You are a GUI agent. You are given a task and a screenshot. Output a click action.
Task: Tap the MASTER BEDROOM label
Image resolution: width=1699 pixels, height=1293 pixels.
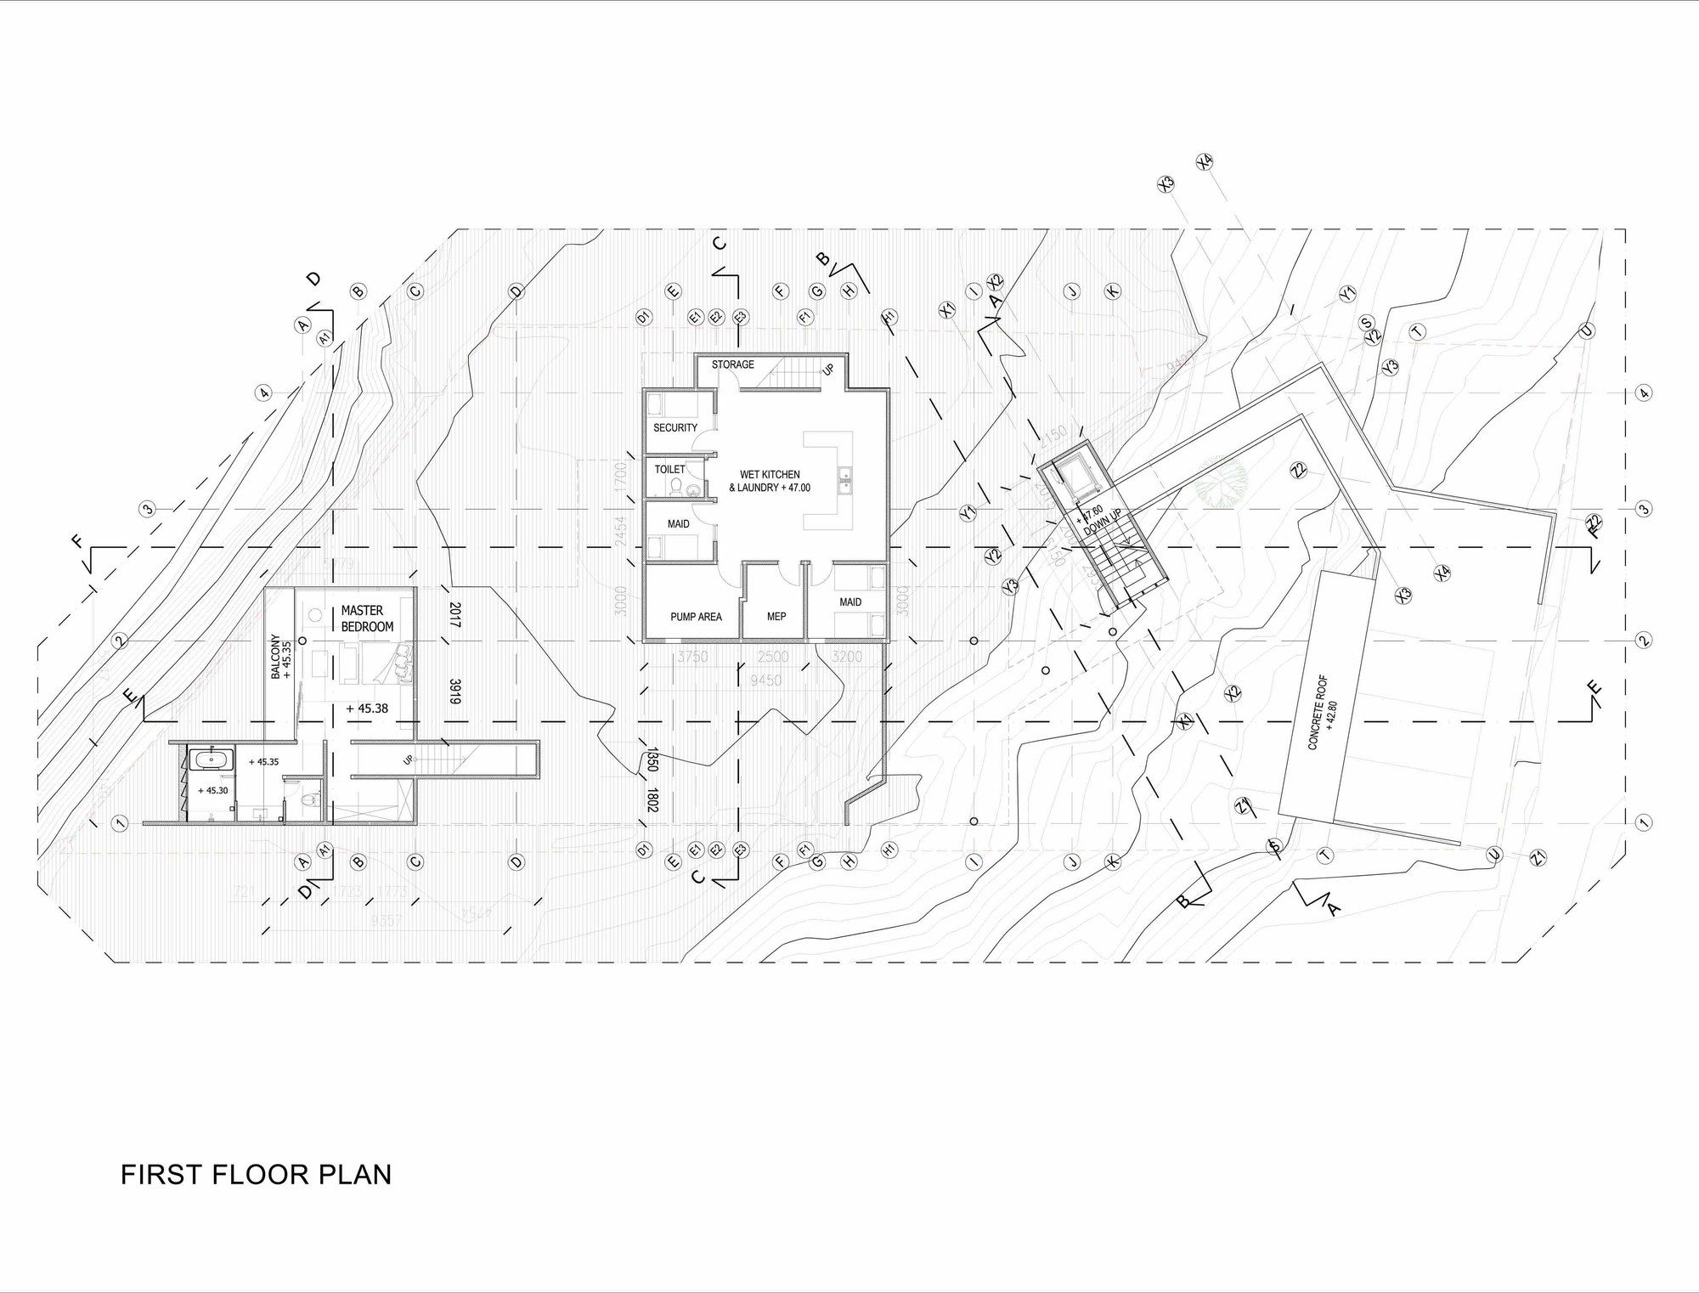point(367,618)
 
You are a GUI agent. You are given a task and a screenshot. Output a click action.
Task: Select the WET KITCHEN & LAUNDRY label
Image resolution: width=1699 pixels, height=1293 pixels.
point(770,482)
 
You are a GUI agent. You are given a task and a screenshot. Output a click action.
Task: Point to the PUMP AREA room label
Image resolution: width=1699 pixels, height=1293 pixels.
point(696,617)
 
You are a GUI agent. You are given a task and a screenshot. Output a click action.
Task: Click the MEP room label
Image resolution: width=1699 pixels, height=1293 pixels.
point(776,617)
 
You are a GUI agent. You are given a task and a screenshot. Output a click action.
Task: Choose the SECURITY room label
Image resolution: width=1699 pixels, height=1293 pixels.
point(675,427)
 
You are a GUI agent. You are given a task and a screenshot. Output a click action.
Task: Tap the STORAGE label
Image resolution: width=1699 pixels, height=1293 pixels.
point(732,364)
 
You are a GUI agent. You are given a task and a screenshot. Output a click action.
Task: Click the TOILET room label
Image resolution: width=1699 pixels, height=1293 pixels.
point(669,469)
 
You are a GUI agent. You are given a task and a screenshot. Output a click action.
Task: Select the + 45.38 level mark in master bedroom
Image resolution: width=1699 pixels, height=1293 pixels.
point(367,708)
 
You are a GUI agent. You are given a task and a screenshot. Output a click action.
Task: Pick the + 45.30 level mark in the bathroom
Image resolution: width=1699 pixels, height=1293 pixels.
point(212,790)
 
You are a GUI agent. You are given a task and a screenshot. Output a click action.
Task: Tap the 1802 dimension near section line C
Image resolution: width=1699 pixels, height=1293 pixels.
point(652,801)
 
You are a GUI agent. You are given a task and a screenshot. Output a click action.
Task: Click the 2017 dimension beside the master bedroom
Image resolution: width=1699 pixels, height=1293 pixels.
point(454,615)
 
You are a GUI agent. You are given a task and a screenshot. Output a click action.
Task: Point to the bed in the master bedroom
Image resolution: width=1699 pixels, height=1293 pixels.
point(378,663)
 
